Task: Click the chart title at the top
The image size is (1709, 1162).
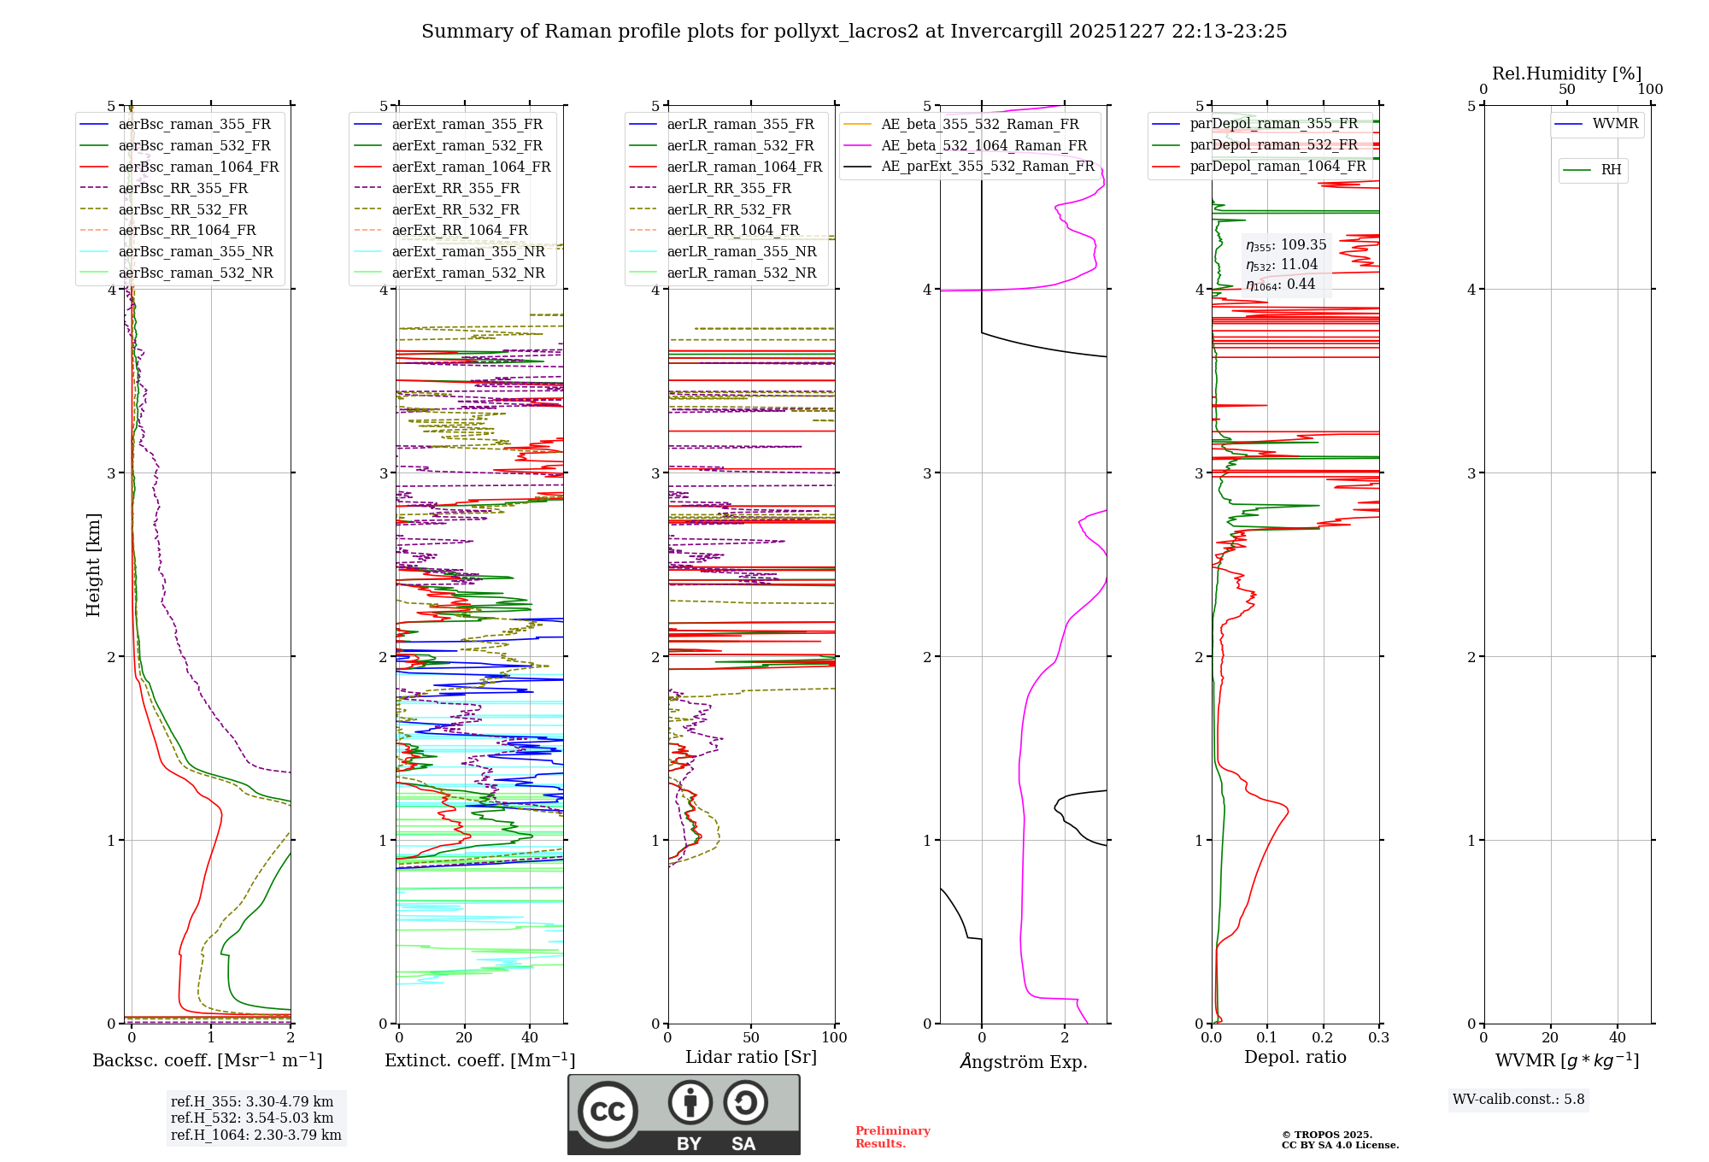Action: tap(854, 32)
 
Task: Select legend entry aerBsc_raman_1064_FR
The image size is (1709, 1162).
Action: tap(198, 167)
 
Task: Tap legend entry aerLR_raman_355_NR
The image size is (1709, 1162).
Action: tap(741, 251)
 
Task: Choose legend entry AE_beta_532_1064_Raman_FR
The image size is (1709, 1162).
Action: tap(984, 145)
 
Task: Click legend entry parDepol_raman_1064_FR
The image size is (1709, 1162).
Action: tap(1277, 166)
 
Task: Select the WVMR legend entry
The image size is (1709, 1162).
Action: tap(1615, 124)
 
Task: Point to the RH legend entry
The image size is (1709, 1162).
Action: tap(1611, 170)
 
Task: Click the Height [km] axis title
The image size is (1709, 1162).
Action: tap(93, 565)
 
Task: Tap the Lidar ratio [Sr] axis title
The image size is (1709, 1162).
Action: tap(751, 1057)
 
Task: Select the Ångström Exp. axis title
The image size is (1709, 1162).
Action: tap(1023, 1061)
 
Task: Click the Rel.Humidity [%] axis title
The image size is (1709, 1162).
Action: tap(1566, 73)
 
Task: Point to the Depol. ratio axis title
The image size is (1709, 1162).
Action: tap(1295, 1057)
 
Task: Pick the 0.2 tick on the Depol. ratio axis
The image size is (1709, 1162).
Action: tap(1323, 1037)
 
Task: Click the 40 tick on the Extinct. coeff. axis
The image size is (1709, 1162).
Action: tap(530, 1037)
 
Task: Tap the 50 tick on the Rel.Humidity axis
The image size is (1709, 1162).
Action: tap(1566, 90)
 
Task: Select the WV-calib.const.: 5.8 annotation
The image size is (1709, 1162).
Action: tap(1518, 1099)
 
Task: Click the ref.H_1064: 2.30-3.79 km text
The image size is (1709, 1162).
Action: tap(255, 1135)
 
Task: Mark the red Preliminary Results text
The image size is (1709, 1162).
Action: tap(892, 1137)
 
